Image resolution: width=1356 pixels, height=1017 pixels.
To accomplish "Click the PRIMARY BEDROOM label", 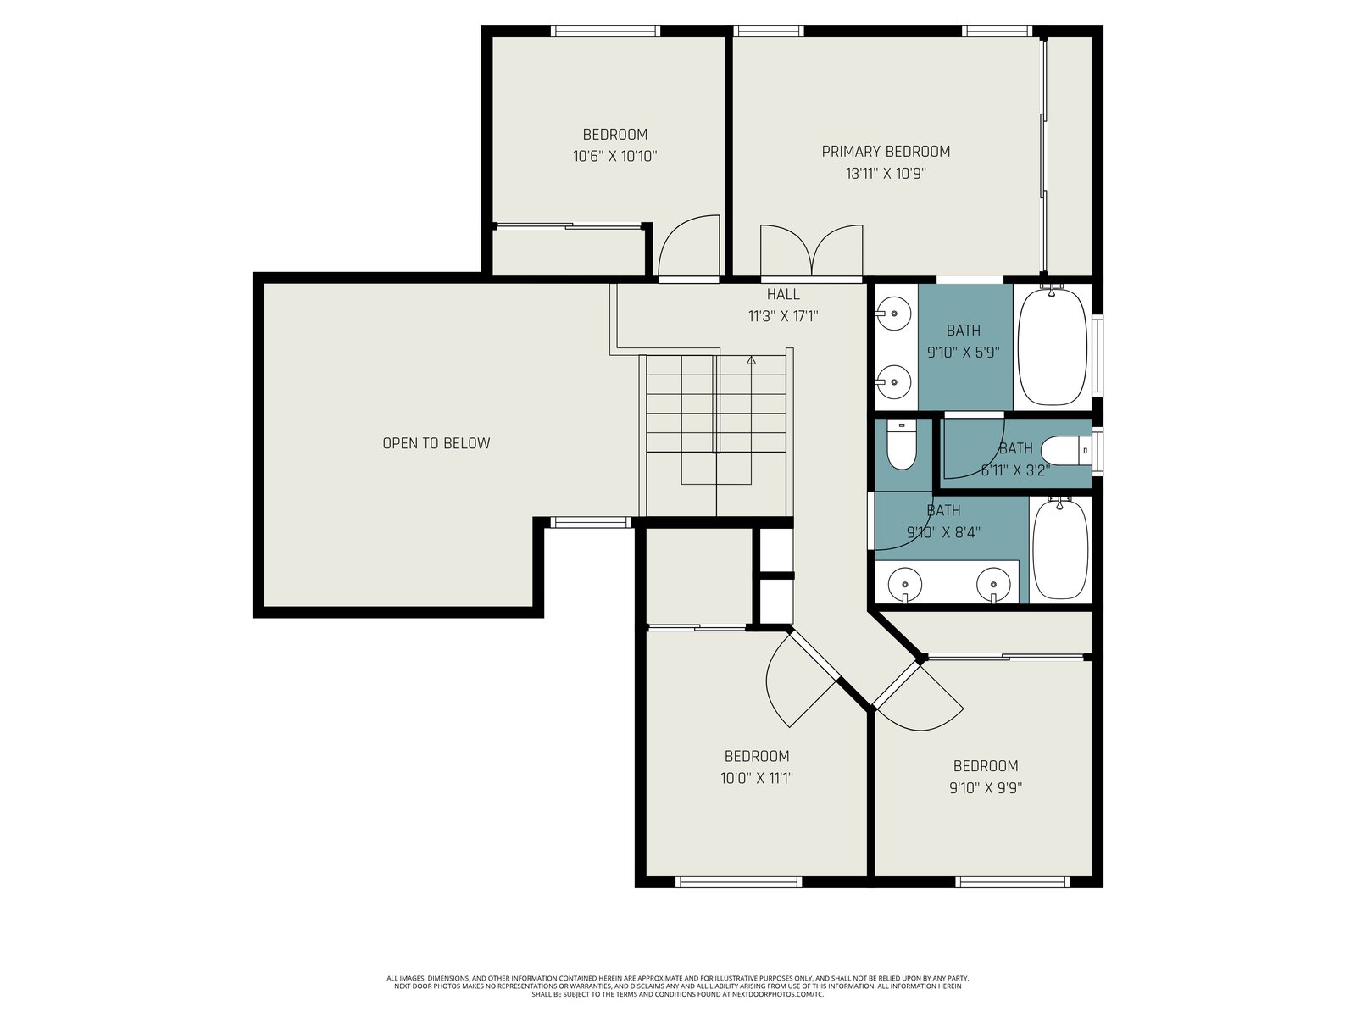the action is pyautogui.click(x=886, y=152).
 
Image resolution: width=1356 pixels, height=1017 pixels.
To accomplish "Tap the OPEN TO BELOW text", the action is pyautogui.click(x=436, y=443).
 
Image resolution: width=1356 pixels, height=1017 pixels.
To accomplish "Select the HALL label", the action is pyautogui.click(x=783, y=294).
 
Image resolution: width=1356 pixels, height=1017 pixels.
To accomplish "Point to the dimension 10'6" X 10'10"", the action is pyautogui.click(x=614, y=156).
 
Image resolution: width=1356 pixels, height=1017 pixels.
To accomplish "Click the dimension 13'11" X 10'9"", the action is pyautogui.click(x=886, y=174).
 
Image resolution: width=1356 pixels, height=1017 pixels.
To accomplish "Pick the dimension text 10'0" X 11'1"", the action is pyautogui.click(x=756, y=778).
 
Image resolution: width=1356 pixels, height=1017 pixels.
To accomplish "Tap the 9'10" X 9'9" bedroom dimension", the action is pyautogui.click(x=986, y=788).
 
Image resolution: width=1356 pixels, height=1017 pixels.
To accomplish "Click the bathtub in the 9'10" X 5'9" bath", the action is pyautogui.click(x=1052, y=347).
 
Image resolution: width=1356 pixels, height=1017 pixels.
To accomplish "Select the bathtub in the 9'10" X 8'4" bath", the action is pyautogui.click(x=1060, y=548).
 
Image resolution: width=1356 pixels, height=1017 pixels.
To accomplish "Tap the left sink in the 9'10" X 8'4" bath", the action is pyautogui.click(x=905, y=584).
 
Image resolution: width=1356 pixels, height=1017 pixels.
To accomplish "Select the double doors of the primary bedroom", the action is pyautogui.click(x=811, y=250).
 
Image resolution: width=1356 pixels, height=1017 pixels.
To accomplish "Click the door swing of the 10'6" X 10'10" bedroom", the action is pyautogui.click(x=689, y=246).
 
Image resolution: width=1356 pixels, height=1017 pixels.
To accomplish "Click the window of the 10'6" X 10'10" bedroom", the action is pyautogui.click(x=605, y=31).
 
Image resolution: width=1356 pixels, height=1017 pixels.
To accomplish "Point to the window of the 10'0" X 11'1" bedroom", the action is pyautogui.click(x=738, y=882).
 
